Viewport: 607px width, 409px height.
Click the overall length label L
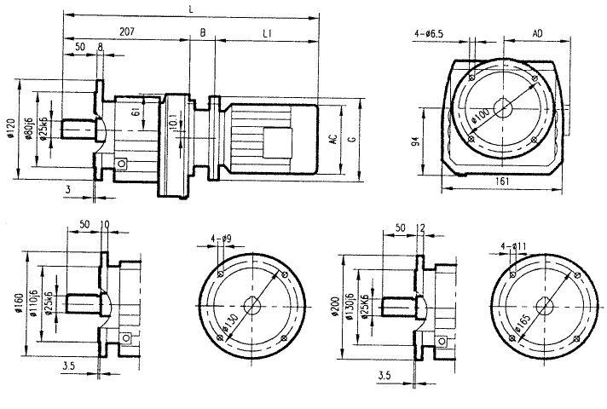pyautogui.click(x=189, y=8)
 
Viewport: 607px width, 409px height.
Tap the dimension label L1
pyautogui.click(x=266, y=32)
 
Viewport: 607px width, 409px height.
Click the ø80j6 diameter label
pyautogui.click(x=30, y=128)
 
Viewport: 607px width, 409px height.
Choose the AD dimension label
pyautogui.click(x=538, y=32)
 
